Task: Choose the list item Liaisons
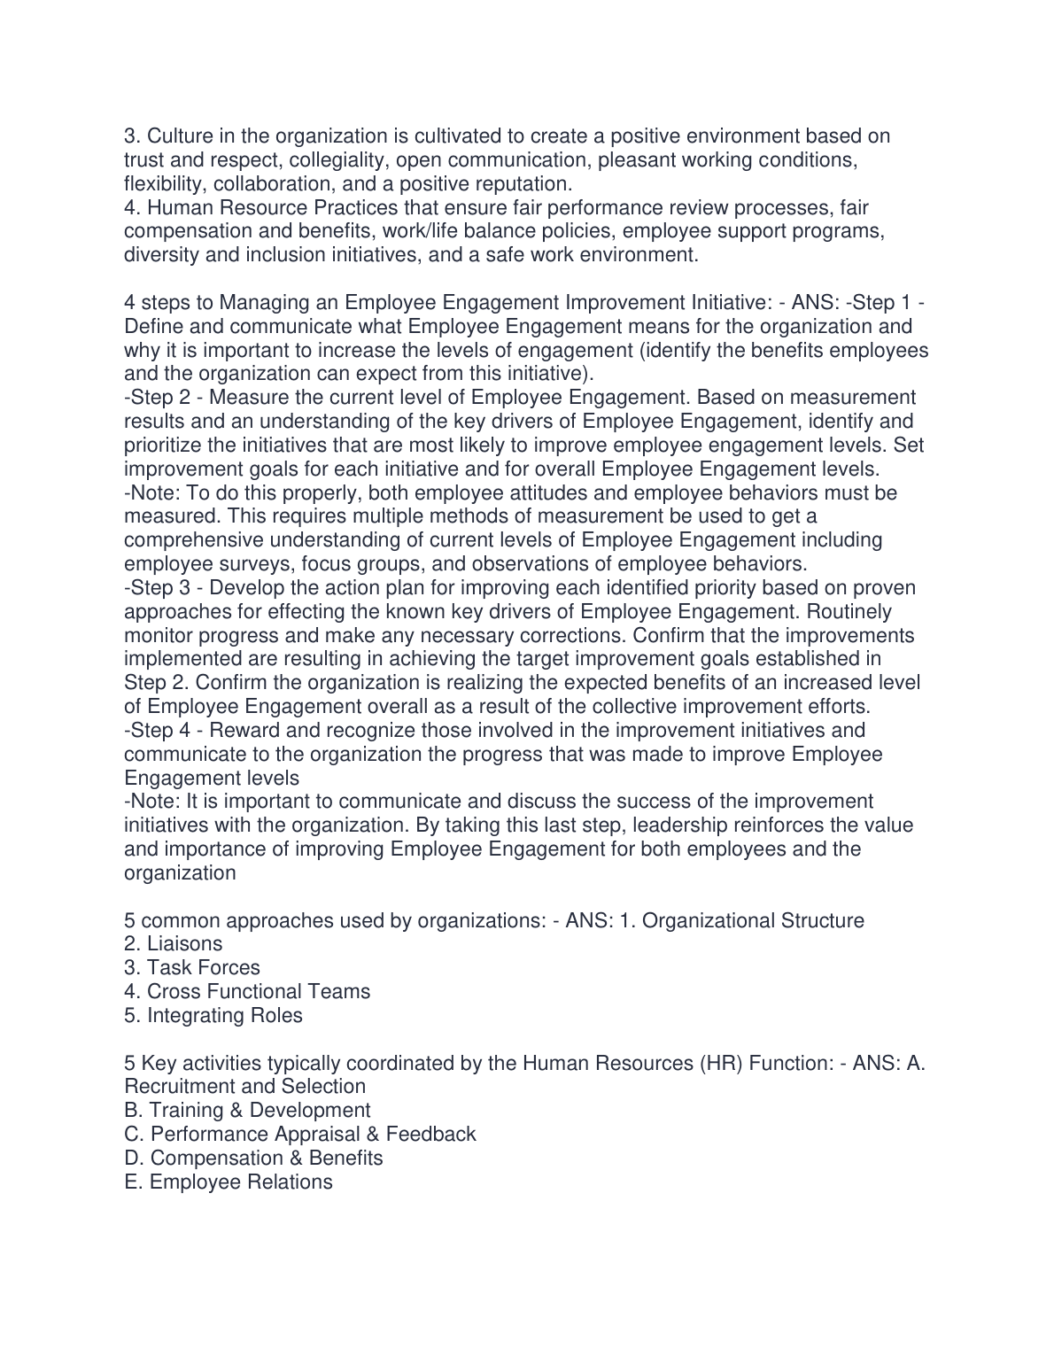coord(184,944)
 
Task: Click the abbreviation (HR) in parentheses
coord(721,1064)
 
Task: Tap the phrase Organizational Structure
coord(753,921)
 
